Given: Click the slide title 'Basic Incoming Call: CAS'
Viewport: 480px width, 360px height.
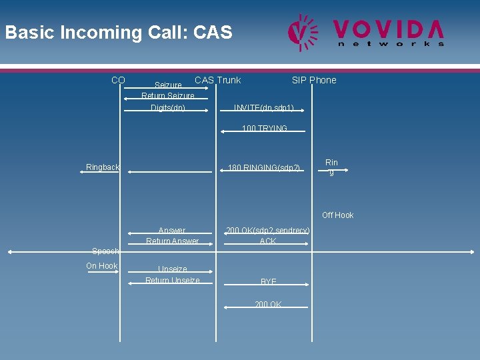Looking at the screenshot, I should (x=119, y=32).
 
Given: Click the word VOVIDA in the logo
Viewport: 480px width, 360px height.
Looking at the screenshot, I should (x=389, y=29).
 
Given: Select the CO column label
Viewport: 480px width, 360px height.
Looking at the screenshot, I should (x=118, y=80).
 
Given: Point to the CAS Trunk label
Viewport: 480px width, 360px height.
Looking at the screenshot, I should (x=217, y=80).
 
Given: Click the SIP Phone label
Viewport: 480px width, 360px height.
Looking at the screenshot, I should (x=314, y=80).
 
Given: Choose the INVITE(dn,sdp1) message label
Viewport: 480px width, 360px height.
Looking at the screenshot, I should (x=264, y=108).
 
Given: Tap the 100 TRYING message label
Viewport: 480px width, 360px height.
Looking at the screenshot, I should (x=265, y=128).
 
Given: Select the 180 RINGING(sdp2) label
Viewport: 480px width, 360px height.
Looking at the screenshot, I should (x=264, y=167).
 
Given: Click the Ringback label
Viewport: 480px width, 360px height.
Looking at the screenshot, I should (x=103, y=167).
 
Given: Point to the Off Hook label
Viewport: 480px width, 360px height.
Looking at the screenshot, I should (x=337, y=215).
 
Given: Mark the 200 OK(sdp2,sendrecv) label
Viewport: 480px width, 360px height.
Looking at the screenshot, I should (x=267, y=231).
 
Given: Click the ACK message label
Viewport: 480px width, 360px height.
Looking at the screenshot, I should (x=268, y=241).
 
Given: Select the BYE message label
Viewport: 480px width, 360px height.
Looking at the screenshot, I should (x=269, y=282).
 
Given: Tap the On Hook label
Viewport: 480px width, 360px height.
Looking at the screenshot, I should (x=102, y=266).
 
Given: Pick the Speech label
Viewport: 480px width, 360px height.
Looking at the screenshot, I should (x=105, y=251).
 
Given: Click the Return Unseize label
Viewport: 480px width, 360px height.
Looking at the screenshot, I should (x=173, y=281).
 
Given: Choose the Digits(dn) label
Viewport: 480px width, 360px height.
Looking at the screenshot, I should (x=168, y=108).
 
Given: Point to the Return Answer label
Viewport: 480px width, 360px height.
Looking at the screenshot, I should (x=173, y=241).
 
